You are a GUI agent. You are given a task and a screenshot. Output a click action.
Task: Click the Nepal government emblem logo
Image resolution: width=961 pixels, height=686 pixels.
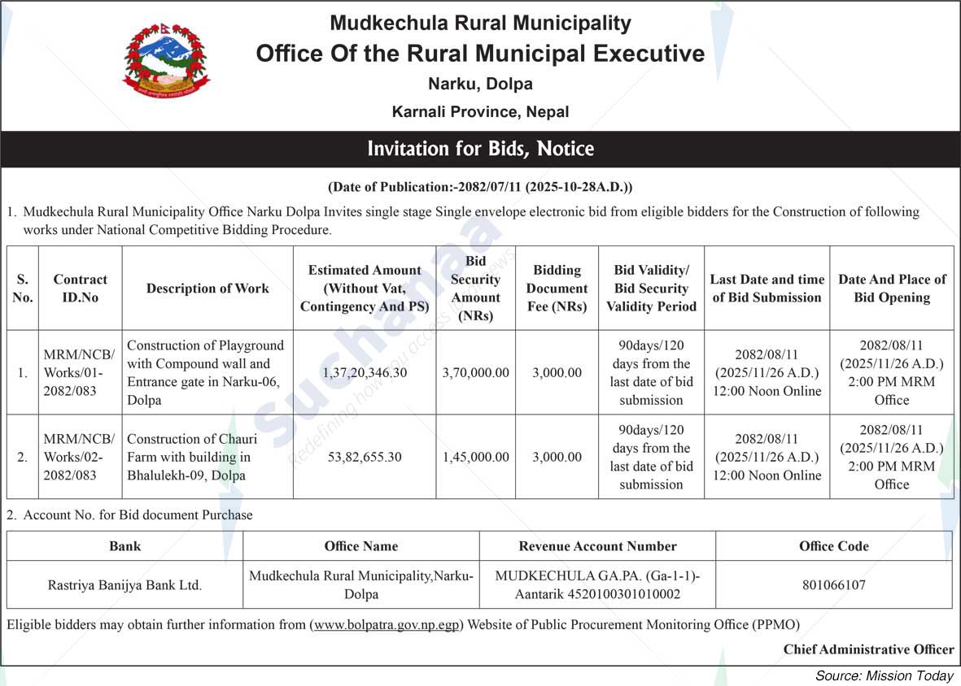coord(165,61)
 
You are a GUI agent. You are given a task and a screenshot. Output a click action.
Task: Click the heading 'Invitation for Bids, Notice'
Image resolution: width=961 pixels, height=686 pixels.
coord(480,149)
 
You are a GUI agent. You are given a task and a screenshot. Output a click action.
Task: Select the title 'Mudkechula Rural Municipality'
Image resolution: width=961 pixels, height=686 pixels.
coord(480,24)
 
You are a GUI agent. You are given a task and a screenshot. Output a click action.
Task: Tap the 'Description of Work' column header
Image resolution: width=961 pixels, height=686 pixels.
coord(207,289)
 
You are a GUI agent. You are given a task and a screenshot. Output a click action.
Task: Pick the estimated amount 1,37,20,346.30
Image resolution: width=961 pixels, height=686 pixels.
coord(365,373)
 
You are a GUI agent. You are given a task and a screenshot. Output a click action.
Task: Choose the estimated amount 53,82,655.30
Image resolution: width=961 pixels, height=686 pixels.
coord(365,457)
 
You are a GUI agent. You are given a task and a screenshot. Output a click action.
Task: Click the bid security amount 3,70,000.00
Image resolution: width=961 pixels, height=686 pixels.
coord(476,373)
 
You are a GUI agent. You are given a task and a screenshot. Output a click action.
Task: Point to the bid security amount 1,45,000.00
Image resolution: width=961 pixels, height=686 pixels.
coord(476,457)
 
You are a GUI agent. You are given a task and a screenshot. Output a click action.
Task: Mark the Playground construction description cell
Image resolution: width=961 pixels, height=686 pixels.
coord(206,373)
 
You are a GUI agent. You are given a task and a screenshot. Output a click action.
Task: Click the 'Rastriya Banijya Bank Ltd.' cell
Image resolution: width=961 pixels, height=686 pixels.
coord(124,585)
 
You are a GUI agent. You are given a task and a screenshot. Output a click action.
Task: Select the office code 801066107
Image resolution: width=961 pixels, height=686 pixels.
coord(833,585)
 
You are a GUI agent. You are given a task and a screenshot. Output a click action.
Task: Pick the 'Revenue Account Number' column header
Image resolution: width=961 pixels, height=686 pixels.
coord(597,546)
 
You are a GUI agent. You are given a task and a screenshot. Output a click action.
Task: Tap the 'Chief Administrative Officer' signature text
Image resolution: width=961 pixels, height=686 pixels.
coord(868,649)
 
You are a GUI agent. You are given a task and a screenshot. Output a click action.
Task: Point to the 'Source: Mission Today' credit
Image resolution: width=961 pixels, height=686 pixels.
coord(884,676)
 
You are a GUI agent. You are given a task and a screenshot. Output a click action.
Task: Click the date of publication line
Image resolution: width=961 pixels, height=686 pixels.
coord(480,187)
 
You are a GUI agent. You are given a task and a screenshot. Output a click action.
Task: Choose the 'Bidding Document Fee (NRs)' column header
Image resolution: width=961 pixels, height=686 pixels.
coord(557,289)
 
